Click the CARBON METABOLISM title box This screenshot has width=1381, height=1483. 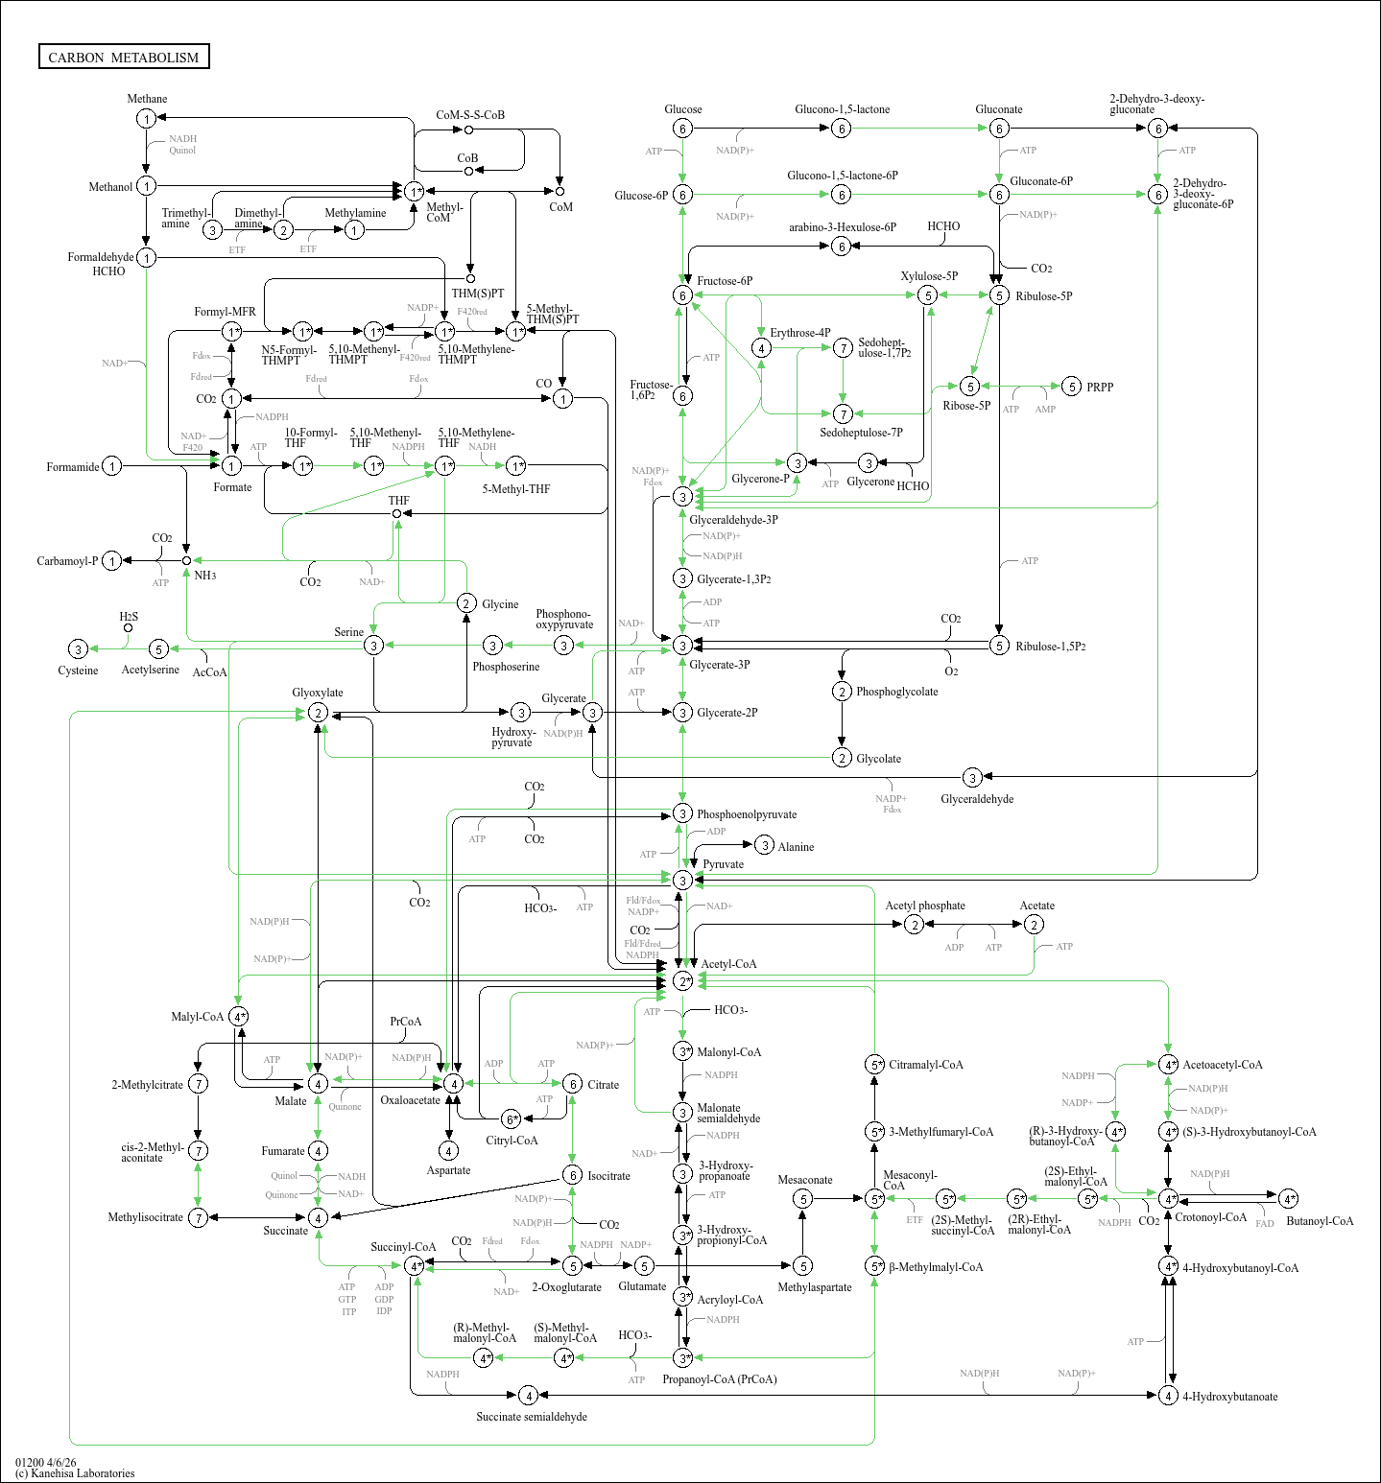(124, 57)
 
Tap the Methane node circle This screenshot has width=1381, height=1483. (146, 118)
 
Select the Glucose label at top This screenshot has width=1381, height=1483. (683, 109)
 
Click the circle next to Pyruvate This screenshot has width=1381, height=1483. (682, 880)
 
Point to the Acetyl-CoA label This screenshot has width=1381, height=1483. (728, 964)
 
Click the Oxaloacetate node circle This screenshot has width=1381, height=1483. (453, 1083)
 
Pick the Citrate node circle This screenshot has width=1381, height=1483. (572, 1084)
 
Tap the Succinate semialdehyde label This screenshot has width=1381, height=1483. (532, 1417)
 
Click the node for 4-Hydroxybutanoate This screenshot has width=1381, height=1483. (1168, 1395)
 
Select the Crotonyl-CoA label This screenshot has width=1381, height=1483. (1211, 1217)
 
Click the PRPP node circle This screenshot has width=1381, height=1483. (1072, 387)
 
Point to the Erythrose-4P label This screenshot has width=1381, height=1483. (800, 333)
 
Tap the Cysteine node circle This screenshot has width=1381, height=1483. (79, 649)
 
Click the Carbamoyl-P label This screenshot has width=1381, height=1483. (67, 561)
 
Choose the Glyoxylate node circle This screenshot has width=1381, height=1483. (318, 713)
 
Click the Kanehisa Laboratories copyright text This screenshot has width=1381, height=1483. (75, 1473)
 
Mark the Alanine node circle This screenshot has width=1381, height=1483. (764, 845)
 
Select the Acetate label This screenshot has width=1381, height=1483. (1036, 906)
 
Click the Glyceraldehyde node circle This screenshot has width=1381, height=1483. (972, 777)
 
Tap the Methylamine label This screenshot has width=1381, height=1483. (355, 213)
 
